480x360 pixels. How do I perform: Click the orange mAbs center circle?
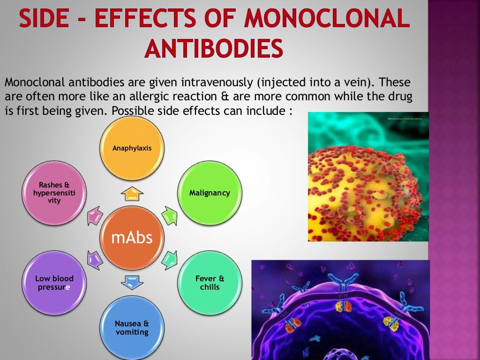pos(132,238)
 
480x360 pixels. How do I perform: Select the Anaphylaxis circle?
pos(132,148)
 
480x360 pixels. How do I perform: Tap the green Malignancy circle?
pos(210,193)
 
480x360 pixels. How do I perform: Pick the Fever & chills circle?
pos(210,283)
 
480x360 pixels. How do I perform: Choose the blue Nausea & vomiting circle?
pos(132,328)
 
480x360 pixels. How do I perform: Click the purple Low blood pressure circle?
pos(54,283)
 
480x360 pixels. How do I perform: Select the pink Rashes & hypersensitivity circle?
pos(54,193)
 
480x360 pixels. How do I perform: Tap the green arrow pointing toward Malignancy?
pos(169,215)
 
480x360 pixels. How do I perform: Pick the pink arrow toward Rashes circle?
pos(95,216)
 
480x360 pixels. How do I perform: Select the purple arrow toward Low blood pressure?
pos(95,259)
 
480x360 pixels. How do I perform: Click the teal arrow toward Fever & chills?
pos(169,259)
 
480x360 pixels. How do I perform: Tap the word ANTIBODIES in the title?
pos(214,48)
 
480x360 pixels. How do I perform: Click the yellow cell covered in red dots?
pos(368,187)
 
